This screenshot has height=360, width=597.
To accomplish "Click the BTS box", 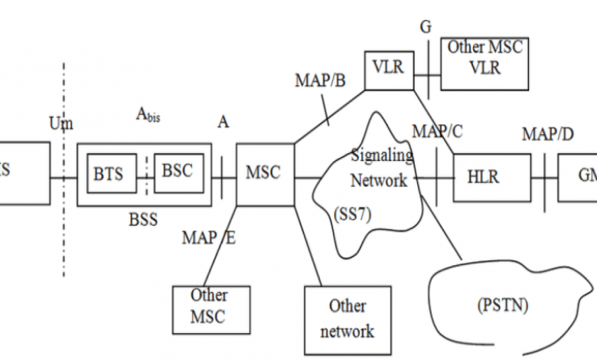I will pos(109,175).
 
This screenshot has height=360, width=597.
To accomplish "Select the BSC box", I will pos(177,172).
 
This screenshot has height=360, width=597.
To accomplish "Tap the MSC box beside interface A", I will pos(263,173).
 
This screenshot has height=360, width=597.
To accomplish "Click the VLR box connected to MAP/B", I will pos(388,68).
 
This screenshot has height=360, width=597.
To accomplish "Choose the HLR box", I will pos(483,176).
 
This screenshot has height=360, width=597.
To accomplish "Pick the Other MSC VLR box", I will pos(485,57).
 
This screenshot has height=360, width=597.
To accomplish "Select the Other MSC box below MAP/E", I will pos(209,306).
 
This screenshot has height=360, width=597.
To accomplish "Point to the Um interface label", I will pos(61,123).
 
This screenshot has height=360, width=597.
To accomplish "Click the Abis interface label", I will pos(148,115).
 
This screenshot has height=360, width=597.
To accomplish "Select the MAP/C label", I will pos(437,131).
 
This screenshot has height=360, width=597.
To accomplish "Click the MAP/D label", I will pos(548,135).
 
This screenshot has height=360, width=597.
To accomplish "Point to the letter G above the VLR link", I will pos(426,28).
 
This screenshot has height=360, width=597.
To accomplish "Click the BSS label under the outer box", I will pos(143,220).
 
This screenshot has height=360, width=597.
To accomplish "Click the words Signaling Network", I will pos(380,169).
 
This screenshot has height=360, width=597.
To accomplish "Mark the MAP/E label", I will pos(208,237).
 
